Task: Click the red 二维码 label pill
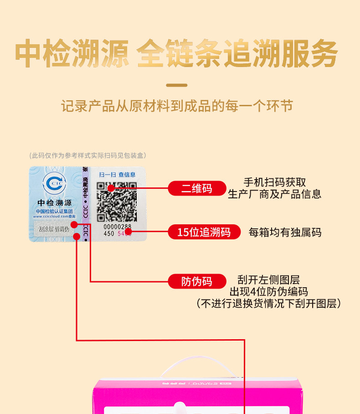point(197,188)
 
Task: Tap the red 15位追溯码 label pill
point(204,232)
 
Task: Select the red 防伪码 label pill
point(197,281)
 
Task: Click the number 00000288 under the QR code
point(117,227)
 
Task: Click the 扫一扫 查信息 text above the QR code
point(118,174)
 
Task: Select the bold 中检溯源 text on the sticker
point(54,203)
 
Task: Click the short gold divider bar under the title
point(176,85)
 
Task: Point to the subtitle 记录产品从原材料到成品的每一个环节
point(177,106)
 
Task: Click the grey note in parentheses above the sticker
point(87,155)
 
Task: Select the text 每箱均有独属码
point(284,233)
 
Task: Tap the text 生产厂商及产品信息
point(274,194)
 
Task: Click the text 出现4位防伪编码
point(268,292)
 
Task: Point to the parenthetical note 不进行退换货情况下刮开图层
point(268,303)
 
